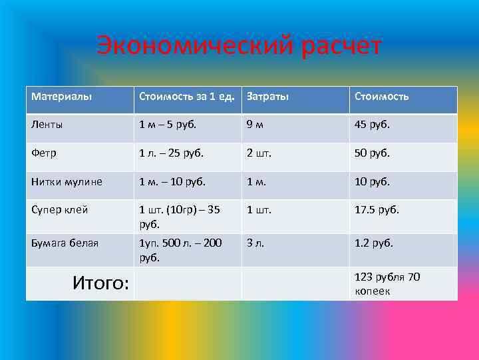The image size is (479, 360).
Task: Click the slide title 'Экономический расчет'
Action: [x=239, y=47]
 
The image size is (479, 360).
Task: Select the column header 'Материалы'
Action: [x=61, y=97]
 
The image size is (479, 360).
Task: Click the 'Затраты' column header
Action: [x=267, y=97]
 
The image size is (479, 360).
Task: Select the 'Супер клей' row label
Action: [x=59, y=209]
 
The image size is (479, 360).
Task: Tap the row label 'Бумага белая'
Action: [x=65, y=243]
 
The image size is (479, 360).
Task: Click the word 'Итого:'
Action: [x=100, y=283]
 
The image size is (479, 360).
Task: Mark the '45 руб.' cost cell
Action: [x=372, y=124]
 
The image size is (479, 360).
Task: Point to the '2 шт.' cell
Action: [x=259, y=153]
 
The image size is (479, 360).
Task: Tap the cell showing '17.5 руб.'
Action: [x=377, y=209]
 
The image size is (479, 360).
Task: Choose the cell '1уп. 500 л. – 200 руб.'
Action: [x=180, y=249]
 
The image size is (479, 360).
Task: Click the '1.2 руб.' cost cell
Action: [x=374, y=243]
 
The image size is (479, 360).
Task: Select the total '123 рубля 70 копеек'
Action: [x=387, y=283]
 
